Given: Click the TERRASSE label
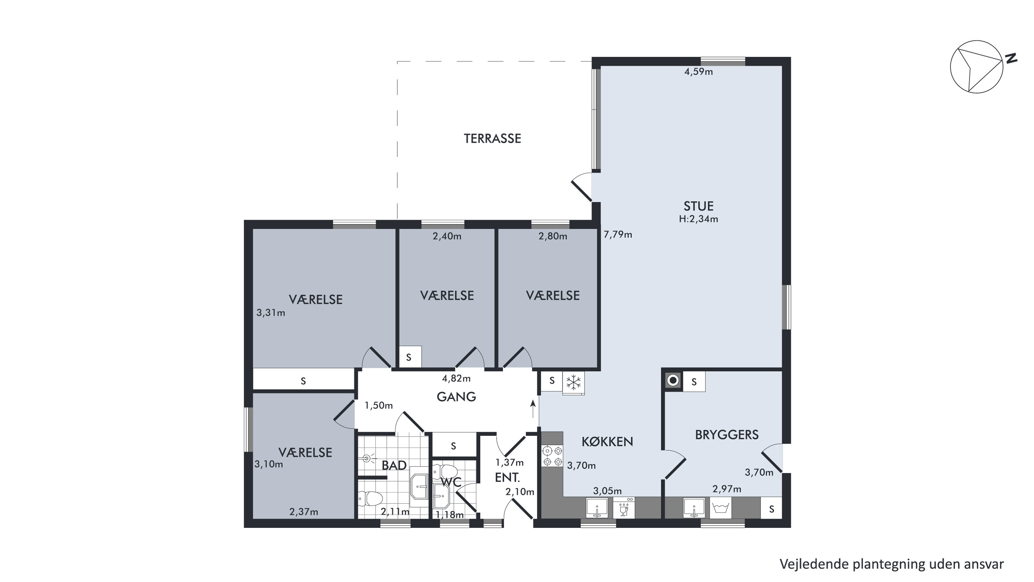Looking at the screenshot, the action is point(492,139).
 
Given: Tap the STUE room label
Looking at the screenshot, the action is point(698,206).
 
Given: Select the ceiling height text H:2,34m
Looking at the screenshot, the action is point(698,219).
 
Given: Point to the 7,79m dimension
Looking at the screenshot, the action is point(618,234).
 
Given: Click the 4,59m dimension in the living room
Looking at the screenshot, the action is point(698,72).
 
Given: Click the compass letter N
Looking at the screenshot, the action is point(1012,59).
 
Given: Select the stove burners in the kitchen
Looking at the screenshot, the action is point(552,457).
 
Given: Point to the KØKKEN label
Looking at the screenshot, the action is point(607,442).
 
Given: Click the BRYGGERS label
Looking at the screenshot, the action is point(727,435).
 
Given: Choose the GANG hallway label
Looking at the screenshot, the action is point(456,397).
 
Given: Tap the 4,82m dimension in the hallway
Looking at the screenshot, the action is point(456,379).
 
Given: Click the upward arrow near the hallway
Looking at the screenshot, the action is point(533,409).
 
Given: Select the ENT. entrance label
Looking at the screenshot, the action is point(507,478).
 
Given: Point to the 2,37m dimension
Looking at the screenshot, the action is point(304,512).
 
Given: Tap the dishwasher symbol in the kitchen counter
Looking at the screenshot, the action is point(624,508).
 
